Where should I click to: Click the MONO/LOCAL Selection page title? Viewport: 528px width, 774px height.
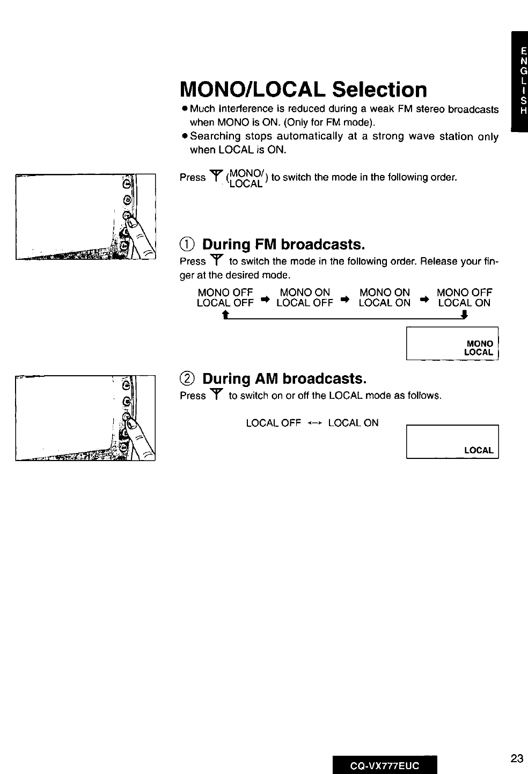point(304,89)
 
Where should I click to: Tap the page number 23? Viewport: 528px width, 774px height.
point(517,758)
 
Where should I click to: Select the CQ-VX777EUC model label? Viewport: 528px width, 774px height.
point(385,765)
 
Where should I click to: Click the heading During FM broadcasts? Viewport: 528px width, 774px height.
point(283,245)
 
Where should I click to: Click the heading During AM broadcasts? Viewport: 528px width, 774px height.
point(284,379)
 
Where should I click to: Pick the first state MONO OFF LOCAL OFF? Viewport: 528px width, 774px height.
point(225,297)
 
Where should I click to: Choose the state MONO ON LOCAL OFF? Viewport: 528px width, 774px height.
point(305,297)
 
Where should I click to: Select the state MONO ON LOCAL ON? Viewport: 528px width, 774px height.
point(384,297)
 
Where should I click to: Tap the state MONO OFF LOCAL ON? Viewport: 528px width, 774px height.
point(464,297)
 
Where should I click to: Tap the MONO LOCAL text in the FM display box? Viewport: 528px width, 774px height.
point(479,348)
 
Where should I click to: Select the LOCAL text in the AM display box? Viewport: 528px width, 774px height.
point(479,450)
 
